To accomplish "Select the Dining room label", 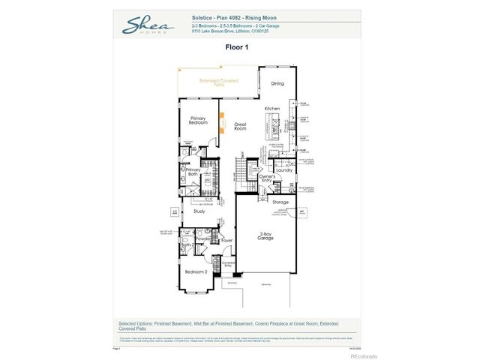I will click(x=277, y=84).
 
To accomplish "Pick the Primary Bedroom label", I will click(x=198, y=120).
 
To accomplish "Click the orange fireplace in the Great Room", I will click(x=221, y=119).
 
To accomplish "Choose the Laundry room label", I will click(x=283, y=170).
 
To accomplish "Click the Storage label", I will click(x=280, y=202).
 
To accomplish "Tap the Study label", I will click(x=199, y=211).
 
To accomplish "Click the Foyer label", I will click(x=227, y=240).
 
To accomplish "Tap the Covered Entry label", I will click(x=228, y=264).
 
